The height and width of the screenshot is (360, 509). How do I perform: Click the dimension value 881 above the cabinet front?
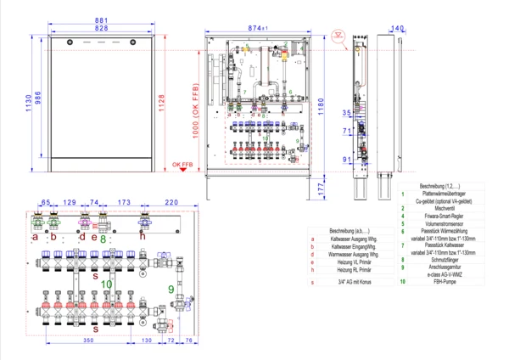click(101, 20)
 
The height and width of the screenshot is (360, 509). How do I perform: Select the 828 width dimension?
click(101, 29)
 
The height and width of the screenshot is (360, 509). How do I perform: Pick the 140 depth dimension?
click(399, 28)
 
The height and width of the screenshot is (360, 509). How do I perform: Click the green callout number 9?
click(171, 290)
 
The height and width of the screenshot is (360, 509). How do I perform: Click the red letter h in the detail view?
click(143, 237)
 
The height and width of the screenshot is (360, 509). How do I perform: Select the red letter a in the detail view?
click(35, 237)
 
